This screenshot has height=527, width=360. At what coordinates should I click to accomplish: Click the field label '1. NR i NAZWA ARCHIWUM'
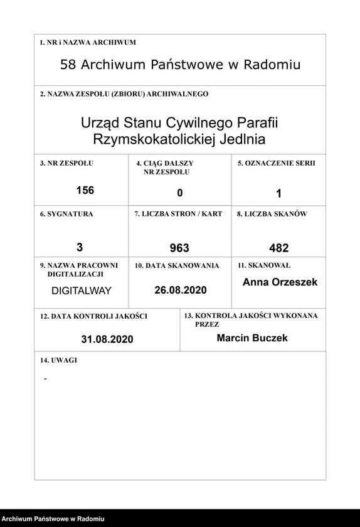87,43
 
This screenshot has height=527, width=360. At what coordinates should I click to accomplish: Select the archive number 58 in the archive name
68,65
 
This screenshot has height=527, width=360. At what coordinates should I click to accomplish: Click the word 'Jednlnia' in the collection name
240,139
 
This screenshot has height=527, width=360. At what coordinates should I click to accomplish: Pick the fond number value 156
85,190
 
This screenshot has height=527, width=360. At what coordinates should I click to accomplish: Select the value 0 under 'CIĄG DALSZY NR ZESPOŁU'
179,193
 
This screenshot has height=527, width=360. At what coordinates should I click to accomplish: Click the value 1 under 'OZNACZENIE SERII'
278,193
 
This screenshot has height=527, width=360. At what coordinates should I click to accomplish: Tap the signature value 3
80,247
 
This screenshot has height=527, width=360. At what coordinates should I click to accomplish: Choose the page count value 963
179,248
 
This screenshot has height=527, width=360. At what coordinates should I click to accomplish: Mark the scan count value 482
278,248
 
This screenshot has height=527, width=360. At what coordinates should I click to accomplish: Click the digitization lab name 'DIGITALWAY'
81,291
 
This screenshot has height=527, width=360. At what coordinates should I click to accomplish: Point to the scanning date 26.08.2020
180,290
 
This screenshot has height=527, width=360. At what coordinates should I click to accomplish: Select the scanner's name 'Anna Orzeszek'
280,282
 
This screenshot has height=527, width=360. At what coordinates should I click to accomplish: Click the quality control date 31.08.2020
107,339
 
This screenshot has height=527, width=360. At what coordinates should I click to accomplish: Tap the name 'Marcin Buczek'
252,338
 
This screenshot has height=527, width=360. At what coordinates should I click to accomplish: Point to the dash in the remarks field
45,380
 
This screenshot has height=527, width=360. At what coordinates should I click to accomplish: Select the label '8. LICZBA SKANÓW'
272,214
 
